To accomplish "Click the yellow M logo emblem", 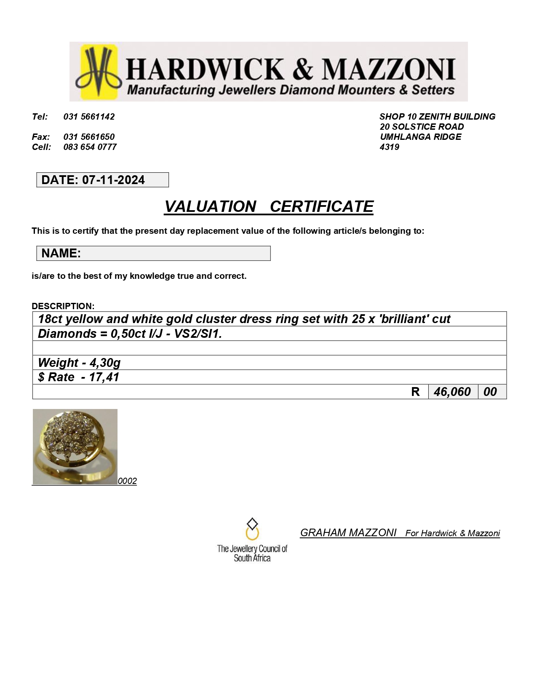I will tap(98, 72).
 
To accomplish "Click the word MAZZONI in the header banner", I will tap(388, 69).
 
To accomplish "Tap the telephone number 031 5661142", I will tap(89, 117).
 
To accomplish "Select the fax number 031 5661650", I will tap(89, 137).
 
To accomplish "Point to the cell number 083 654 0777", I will tap(90, 147).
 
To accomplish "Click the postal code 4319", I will tap(389, 147).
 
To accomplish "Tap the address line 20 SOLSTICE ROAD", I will tap(422, 127).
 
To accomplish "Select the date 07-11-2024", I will tap(113, 180).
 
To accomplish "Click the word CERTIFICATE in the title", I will tap(321, 206).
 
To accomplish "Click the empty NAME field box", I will tap(175, 253).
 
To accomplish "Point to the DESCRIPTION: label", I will tap(63, 306).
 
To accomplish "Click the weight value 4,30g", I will tap(105, 363).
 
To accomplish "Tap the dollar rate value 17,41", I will tap(104, 377).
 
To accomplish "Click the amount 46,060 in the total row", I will tap(452, 392).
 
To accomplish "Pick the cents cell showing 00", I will tap(490, 392).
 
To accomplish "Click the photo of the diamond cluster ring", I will tap(75, 446).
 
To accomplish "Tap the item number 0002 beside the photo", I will tap(127, 481).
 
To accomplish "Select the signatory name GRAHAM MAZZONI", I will tap(348, 533).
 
